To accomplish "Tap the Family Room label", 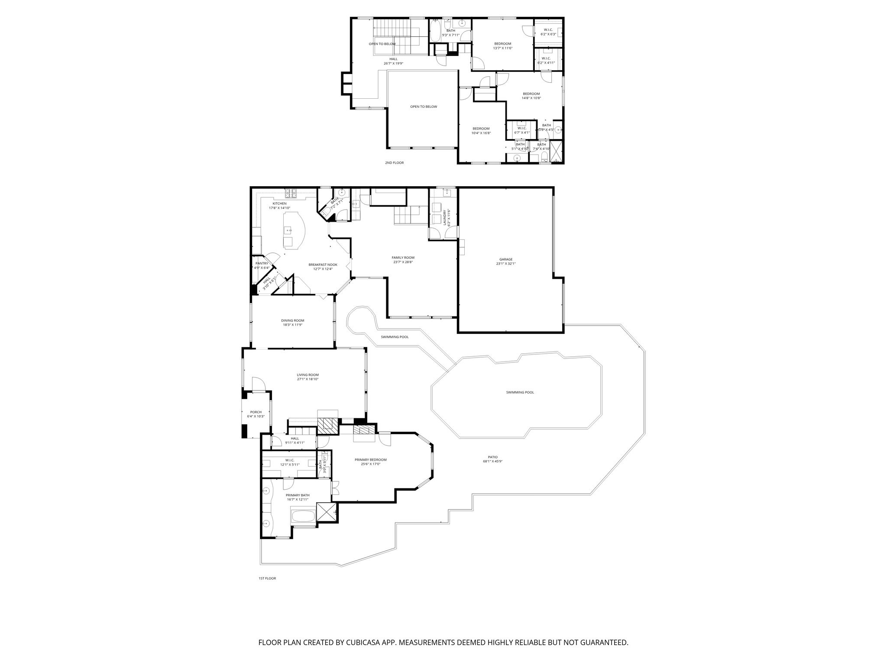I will point(403,258).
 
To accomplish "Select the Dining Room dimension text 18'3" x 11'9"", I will point(292,325).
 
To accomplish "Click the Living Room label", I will point(308,375).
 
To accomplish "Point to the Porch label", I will point(256,412).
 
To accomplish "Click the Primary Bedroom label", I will point(370,460).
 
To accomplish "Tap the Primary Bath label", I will point(298,495).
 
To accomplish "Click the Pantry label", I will point(262,263).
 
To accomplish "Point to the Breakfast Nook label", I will point(323,265).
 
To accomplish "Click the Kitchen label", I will point(279,203).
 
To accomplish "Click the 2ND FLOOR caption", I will point(394,163).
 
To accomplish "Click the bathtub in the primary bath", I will point(303,516).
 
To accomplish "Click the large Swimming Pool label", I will point(520,392).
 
